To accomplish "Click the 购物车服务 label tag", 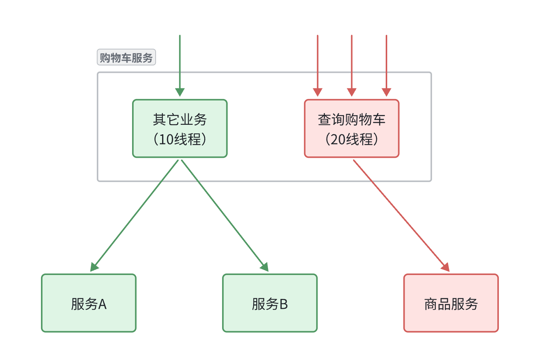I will tap(126, 58).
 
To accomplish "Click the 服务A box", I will tap(88, 303).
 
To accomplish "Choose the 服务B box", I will tap(270, 303).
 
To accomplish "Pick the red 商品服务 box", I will tap(451, 303).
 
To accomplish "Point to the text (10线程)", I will tap(180, 139).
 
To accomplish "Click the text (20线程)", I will tap(352, 139).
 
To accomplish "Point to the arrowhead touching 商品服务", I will tap(446, 267).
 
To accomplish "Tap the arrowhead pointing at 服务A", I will tap(94, 267).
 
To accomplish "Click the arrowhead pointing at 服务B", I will tap(265, 267).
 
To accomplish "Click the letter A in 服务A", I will tap(102, 304).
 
